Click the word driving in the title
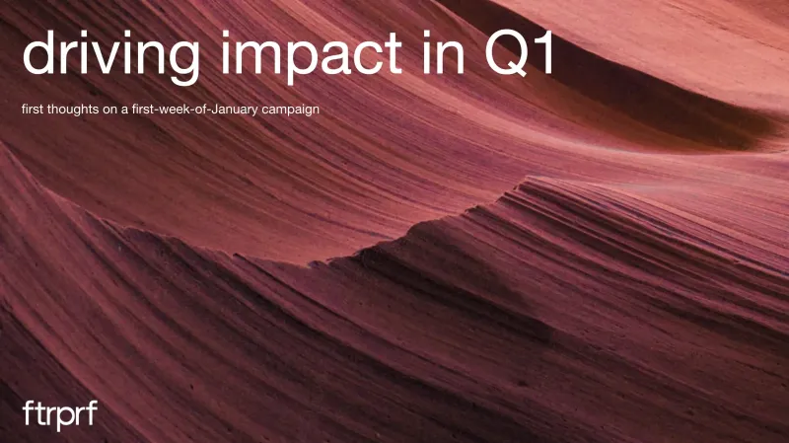[111, 55]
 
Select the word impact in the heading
[311, 55]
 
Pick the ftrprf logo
[60, 415]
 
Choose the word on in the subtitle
[110, 111]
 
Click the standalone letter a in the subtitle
[124, 111]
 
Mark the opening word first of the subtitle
[33, 109]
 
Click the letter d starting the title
[39, 52]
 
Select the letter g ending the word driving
[183, 62]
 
